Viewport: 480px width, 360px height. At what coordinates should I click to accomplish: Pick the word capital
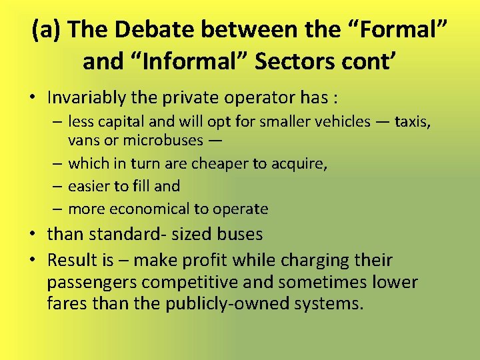point(123,121)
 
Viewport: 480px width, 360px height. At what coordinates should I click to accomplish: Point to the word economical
point(147,209)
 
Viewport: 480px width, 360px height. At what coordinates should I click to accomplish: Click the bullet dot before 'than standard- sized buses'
point(34,235)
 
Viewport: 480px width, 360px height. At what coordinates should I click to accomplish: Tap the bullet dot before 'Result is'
point(34,260)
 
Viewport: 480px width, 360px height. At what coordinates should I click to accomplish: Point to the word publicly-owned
point(217,304)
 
